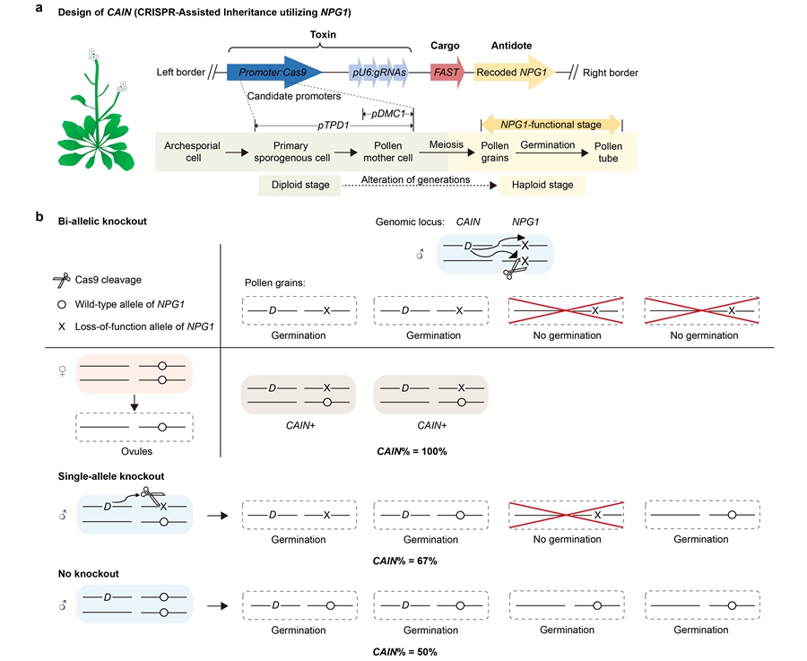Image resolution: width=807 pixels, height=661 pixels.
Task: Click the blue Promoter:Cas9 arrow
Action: pos(274,73)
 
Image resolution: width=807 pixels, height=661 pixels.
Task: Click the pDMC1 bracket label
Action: pos(388,113)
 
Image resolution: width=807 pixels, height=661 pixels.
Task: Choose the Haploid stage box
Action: pos(543,187)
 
